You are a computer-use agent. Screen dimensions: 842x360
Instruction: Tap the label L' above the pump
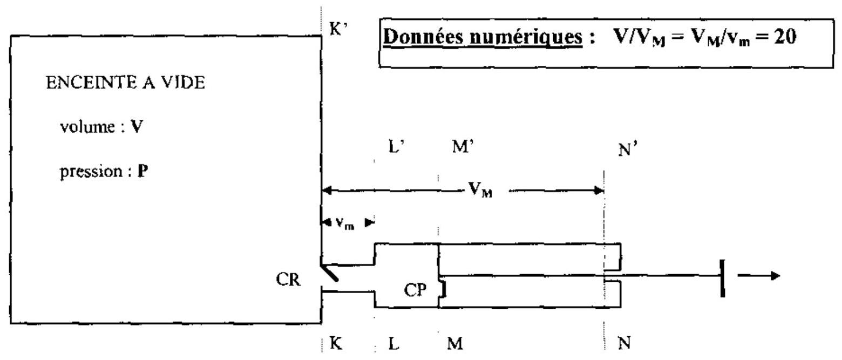click(x=396, y=146)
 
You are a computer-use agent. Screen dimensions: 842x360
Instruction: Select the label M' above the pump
click(x=463, y=146)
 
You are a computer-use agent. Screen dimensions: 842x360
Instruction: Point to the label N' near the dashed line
click(x=628, y=149)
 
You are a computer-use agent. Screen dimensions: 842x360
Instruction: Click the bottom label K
click(x=336, y=343)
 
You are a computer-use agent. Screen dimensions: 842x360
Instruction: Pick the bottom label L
click(x=393, y=343)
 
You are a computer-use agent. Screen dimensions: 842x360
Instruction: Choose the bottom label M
click(x=455, y=343)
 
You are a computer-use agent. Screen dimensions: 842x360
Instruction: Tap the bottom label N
click(x=624, y=343)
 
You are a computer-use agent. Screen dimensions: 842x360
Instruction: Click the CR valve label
click(x=288, y=280)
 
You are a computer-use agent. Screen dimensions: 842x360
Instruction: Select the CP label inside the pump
click(x=416, y=290)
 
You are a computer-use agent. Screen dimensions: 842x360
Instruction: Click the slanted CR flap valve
click(x=329, y=273)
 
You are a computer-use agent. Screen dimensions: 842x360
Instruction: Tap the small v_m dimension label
click(x=345, y=223)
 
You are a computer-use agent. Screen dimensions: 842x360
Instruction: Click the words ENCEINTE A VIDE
click(x=126, y=83)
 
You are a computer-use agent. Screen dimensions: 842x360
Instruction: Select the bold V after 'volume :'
click(x=137, y=127)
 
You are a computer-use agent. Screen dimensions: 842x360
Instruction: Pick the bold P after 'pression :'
click(x=143, y=171)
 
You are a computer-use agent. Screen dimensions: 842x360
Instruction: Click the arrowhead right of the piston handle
click(x=775, y=276)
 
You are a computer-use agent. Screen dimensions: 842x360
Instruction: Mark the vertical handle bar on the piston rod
click(x=723, y=278)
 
